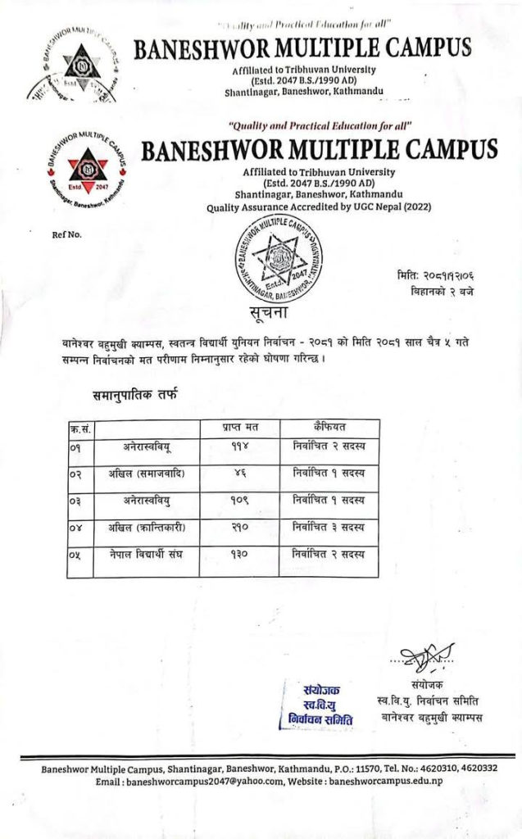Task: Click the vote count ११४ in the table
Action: click(240, 447)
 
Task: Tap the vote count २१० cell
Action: click(240, 527)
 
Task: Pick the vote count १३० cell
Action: click(240, 555)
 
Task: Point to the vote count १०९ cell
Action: click(240, 500)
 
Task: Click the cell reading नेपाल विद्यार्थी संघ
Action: click(148, 555)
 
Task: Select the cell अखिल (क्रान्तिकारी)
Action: click(148, 527)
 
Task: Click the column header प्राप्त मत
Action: click(240, 427)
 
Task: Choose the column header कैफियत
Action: click(328, 427)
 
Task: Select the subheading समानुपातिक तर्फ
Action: click(134, 397)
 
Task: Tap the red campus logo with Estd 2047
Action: click(87, 170)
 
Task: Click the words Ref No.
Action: click(67, 235)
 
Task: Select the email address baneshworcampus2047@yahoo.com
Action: click(223, 782)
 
